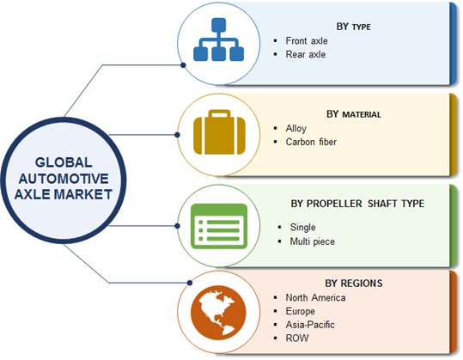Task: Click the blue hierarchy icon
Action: coord(218,40)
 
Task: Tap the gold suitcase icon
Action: coord(219,132)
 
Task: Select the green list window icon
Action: coord(219,226)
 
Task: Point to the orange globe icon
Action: coord(218,312)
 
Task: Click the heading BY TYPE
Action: coord(353,27)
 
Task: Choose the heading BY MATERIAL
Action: coord(353,114)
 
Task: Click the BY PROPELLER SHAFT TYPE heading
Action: coord(357,204)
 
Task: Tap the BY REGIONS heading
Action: coord(353,284)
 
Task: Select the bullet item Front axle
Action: coord(307,40)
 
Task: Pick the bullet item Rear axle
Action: coord(305,54)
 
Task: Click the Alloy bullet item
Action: coord(295,129)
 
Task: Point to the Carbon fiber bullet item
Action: coord(311,142)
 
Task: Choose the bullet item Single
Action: coord(302,227)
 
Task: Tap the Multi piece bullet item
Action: coord(312,241)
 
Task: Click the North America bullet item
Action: coord(315,297)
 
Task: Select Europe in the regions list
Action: coord(300,311)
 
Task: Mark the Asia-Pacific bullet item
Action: coord(310,325)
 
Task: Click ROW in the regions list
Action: coord(297,338)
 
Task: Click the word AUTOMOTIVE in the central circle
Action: coord(64,179)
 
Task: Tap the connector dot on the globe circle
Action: coord(190,283)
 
